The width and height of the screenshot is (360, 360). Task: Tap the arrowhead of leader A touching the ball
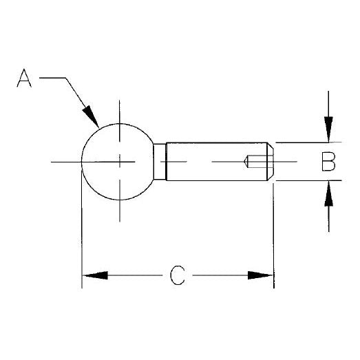pyautogui.click(x=90, y=118)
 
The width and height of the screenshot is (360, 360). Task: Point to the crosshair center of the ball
pyautogui.click(x=121, y=162)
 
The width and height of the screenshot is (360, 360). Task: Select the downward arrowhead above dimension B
pyautogui.click(x=330, y=131)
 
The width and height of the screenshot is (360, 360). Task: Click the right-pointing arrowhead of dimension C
pyautogui.click(x=262, y=275)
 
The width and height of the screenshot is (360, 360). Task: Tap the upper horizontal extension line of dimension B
pyautogui.click(x=303, y=142)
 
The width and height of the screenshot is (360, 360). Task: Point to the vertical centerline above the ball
pyautogui.click(x=121, y=110)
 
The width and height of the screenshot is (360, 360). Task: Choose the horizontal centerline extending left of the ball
pyautogui.click(x=65, y=162)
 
